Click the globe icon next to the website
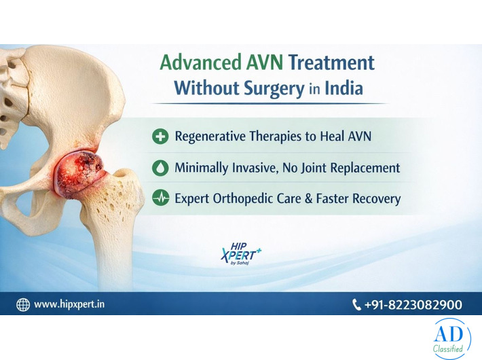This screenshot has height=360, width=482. [23, 305]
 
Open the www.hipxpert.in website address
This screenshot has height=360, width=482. [70, 305]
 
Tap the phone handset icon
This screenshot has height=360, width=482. [357, 305]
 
